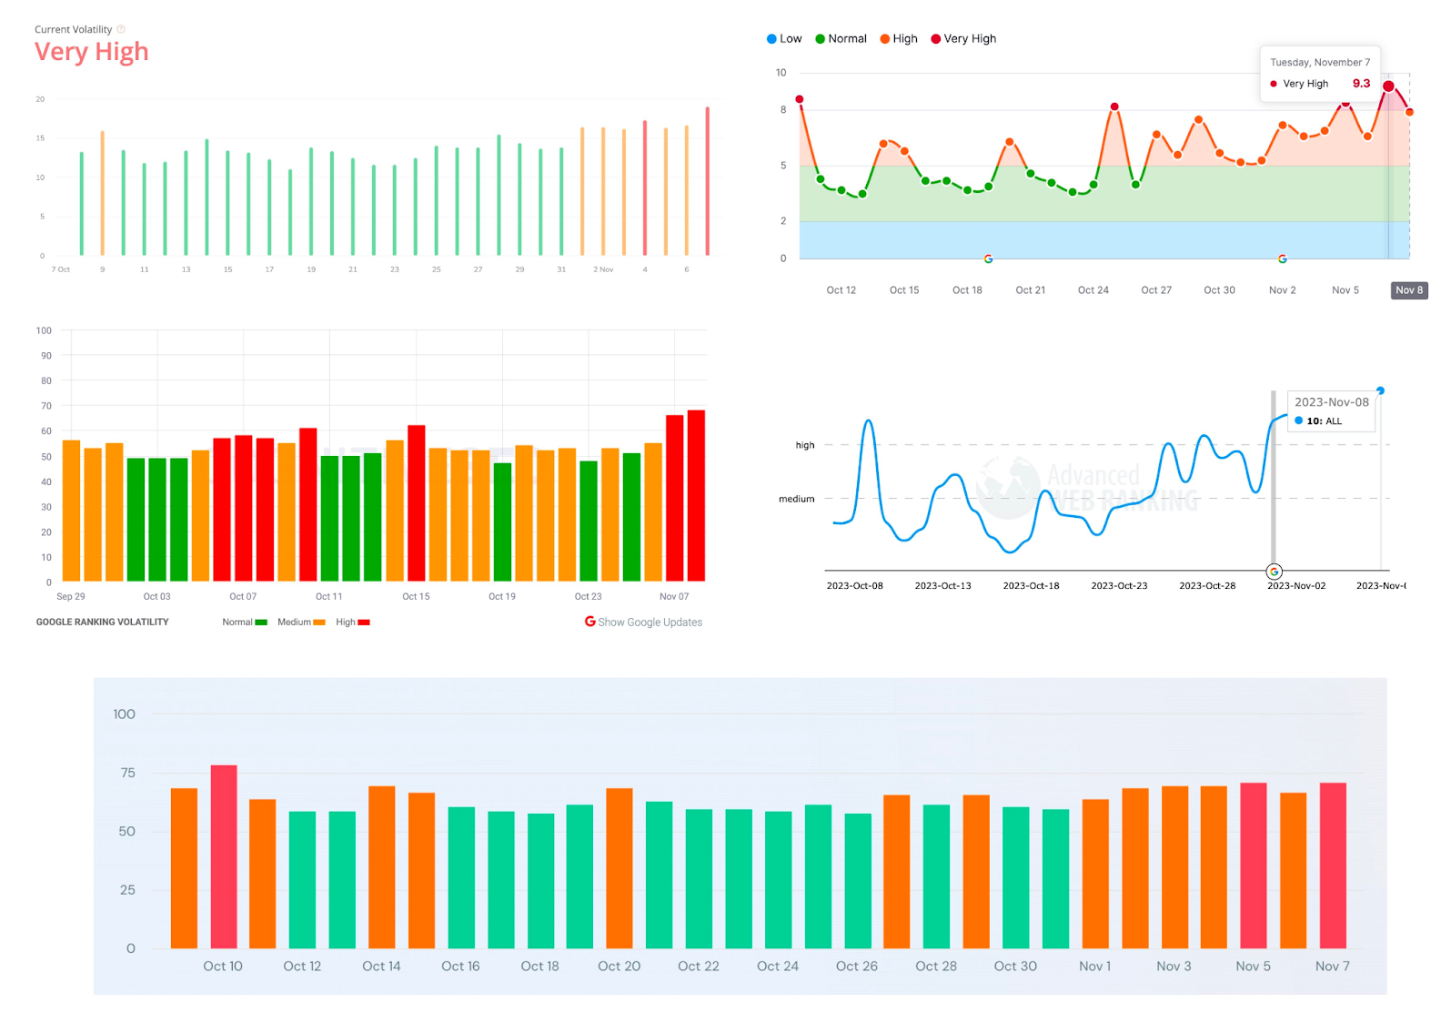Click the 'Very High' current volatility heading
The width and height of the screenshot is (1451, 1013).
coord(91,52)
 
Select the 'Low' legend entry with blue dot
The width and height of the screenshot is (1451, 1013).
coord(783,38)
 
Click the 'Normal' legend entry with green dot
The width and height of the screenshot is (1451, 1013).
coord(841,38)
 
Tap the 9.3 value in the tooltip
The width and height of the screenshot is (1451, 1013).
coord(1361,83)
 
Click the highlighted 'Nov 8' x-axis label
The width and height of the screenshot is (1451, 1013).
coord(1409,290)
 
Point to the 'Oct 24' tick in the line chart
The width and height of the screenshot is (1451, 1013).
coord(1093,290)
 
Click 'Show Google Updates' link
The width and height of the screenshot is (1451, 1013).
coord(644,622)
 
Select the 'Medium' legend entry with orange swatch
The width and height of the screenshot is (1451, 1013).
coord(300,622)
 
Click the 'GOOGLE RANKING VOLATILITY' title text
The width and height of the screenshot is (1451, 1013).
coord(102,622)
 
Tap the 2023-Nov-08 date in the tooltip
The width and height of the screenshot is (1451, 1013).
coord(1331,402)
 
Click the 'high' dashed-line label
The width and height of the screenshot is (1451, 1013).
coord(805,445)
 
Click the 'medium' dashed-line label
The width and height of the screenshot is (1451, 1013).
coord(796,499)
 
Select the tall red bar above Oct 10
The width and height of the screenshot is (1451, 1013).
coord(224,856)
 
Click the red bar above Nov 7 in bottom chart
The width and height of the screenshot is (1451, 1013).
coord(1333,865)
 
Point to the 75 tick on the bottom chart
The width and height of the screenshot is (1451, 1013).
coord(127,773)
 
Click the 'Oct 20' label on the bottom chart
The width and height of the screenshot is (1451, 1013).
coord(619,966)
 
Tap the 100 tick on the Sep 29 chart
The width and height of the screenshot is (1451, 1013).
coord(44,330)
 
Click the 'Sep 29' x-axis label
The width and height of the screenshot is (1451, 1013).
coord(70,596)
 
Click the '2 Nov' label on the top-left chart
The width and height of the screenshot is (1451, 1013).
coord(603,269)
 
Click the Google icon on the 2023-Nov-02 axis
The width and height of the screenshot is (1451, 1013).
coord(1275,572)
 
